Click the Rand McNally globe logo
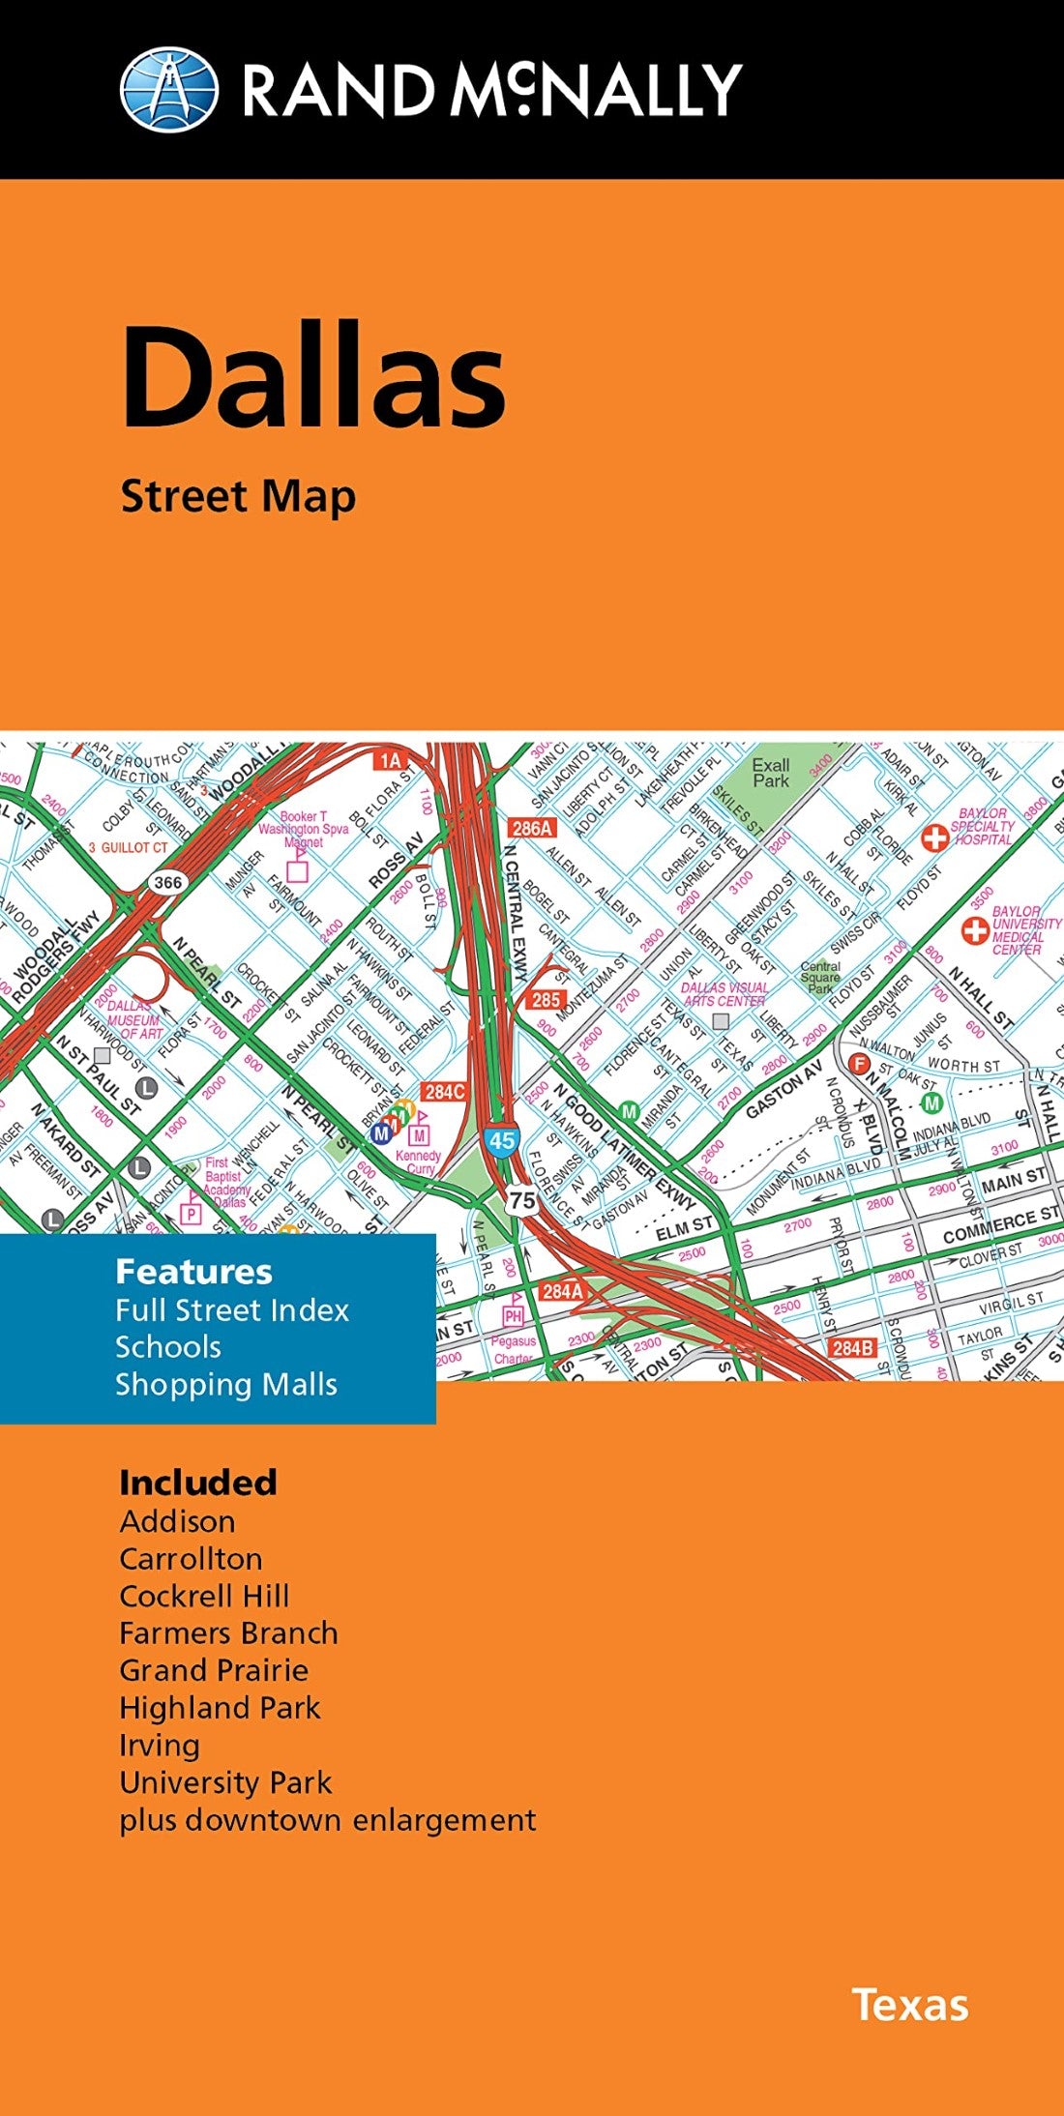(168, 89)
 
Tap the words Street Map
(238, 497)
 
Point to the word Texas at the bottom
(909, 2006)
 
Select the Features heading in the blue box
(193, 1272)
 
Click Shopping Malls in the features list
(226, 1384)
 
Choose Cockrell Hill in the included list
(204, 1596)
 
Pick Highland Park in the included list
(220, 1707)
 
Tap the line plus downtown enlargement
(327, 1819)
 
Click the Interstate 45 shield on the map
(501, 1140)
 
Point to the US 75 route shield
(522, 1201)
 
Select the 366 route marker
(167, 882)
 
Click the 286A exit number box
(532, 828)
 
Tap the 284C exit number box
(445, 1091)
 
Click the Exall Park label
(771, 773)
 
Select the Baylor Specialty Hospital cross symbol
(934, 838)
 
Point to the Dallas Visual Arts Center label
(724, 994)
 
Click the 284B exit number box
(852, 1347)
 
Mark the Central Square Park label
(820, 977)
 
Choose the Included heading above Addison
(198, 1483)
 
